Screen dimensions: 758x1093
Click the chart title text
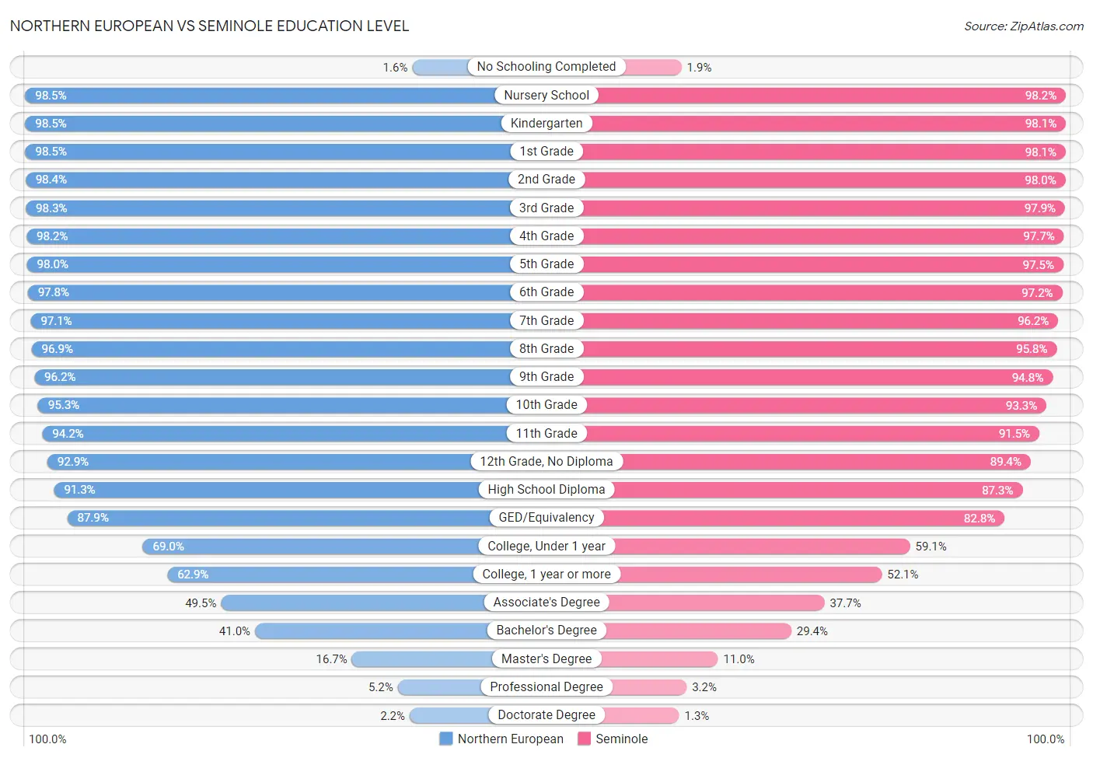point(209,26)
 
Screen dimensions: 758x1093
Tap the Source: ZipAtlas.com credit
point(1023,26)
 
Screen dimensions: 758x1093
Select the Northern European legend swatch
point(445,739)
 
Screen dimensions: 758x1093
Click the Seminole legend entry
point(613,739)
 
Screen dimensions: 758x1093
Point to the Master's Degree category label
point(546,658)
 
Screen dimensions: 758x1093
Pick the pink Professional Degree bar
point(649,687)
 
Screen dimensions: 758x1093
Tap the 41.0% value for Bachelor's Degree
point(234,631)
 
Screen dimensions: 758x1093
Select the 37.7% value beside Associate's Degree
point(845,603)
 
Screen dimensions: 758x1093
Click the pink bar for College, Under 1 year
point(762,547)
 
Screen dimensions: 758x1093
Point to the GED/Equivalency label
point(546,518)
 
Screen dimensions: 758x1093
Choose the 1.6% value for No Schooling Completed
point(395,68)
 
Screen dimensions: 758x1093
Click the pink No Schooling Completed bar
point(653,68)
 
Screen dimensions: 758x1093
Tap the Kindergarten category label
point(546,124)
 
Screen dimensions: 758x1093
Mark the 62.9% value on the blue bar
point(193,575)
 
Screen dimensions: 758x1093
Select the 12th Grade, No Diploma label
point(546,462)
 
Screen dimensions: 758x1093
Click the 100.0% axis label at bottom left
point(47,739)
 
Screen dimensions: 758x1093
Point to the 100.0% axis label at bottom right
point(1046,739)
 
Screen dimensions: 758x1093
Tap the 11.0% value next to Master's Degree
point(739,659)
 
